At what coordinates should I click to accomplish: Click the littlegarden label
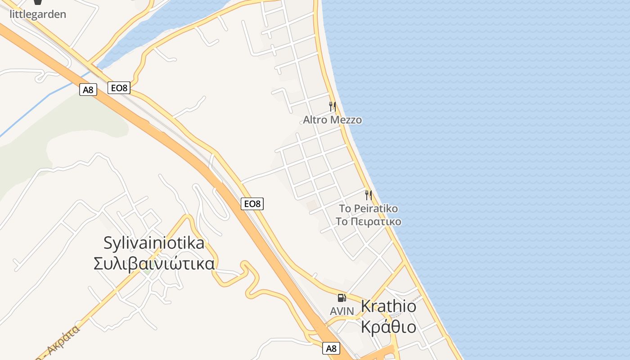[38, 14]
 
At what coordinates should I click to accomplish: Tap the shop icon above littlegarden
[38, 2]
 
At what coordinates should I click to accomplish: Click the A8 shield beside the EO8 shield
[88, 90]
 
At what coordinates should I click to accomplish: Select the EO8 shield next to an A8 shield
[119, 88]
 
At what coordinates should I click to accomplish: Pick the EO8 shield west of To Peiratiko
[252, 204]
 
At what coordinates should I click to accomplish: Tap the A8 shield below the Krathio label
[331, 348]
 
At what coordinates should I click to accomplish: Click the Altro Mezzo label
[332, 120]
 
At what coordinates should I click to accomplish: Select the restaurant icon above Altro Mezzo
[332, 107]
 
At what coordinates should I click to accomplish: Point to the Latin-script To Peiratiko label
[368, 209]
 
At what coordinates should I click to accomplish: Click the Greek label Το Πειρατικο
[368, 222]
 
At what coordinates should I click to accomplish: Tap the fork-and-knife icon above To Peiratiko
[368, 195]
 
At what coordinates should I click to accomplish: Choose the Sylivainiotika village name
[154, 243]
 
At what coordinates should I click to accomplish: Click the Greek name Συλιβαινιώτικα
[154, 264]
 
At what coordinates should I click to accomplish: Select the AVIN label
[342, 311]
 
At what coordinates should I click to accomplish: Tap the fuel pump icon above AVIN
[342, 297]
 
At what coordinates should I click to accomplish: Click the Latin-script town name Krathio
[388, 306]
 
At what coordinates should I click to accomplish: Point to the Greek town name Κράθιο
[388, 327]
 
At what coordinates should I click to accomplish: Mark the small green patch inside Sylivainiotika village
[147, 271]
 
